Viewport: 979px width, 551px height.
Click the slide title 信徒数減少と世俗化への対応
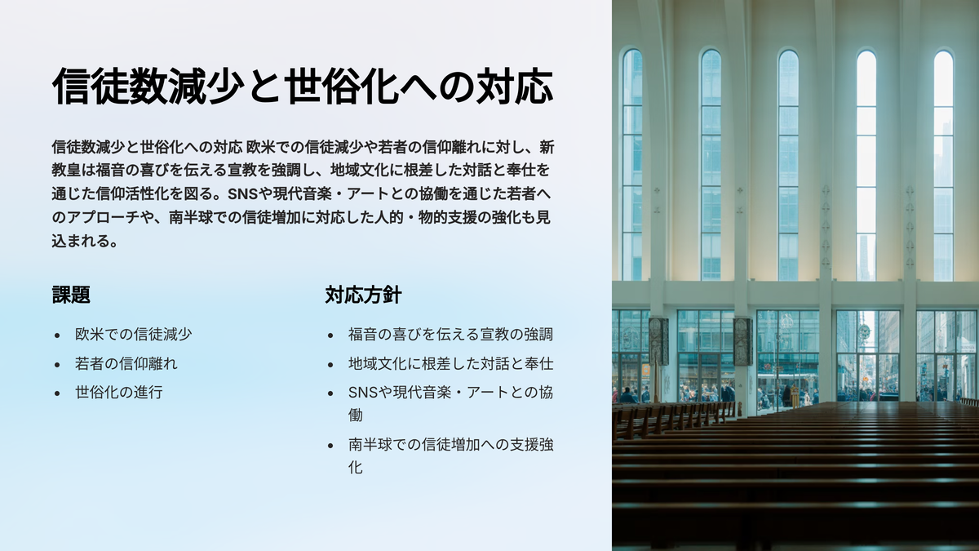(303, 87)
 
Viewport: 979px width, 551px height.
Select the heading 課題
(71, 295)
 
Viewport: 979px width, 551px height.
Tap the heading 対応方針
(363, 295)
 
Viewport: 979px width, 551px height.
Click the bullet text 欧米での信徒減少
(133, 335)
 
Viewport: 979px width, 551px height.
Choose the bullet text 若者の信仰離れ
(126, 364)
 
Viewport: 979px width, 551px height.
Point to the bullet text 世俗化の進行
(118, 393)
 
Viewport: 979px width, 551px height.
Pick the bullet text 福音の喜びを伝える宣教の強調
(450, 335)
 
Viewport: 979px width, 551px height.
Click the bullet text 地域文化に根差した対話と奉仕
(450, 364)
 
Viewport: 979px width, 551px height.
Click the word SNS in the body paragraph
(242, 193)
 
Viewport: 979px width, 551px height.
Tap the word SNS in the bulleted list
(363, 393)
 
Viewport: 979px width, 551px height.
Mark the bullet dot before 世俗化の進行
(57, 393)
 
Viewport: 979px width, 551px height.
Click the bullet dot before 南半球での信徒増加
(330, 446)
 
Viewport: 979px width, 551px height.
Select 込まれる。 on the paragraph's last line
(85, 241)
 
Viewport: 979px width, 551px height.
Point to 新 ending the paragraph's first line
(547, 147)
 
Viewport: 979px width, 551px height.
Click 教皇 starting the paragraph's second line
(66, 170)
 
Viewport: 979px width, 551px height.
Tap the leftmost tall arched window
(632, 165)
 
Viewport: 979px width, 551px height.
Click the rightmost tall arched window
(943, 166)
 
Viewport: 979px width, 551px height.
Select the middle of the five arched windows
(788, 165)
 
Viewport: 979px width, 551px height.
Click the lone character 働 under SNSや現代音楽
(356, 415)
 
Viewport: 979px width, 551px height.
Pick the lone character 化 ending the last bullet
(356, 468)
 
